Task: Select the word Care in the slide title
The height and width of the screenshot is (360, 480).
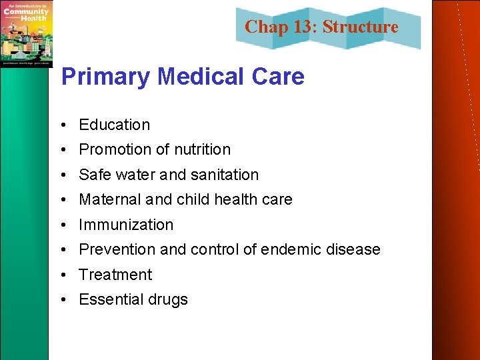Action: [279, 77]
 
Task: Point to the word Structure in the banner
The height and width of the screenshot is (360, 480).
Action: [360, 27]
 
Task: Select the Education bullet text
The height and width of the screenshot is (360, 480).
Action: [114, 125]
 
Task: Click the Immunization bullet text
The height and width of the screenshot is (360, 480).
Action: [126, 225]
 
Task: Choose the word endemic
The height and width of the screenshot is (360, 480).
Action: [291, 249]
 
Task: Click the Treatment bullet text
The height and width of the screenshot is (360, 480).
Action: [115, 275]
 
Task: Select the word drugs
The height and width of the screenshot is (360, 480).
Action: [169, 300]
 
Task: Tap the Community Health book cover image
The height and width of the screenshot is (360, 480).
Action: [26, 33]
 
